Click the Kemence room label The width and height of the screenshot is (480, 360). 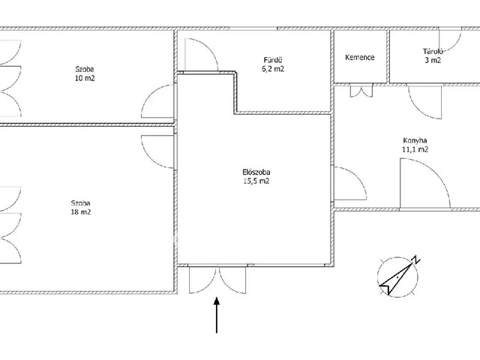click(x=360, y=57)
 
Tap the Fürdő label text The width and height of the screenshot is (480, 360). click(x=273, y=60)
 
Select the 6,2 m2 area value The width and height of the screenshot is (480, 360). click(x=273, y=69)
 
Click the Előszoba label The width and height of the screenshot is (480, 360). click(x=256, y=172)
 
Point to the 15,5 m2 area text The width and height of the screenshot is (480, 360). click(x=256, y=181)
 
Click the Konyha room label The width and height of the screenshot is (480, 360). click(x=415, y=141)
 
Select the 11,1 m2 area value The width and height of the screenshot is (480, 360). click(x=415, y=150)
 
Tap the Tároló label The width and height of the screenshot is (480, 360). click(x=433, y=52)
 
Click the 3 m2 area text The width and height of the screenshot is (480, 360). click(x=433, y=60)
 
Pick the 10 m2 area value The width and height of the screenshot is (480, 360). click(x=85, y=78)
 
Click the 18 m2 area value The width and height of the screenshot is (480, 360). click(x=81, y=212)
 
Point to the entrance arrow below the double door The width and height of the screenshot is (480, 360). click(x=217, y=315)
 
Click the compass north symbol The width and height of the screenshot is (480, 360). click(x=397, y=276)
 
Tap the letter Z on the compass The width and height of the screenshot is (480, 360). click(x=416, y=259)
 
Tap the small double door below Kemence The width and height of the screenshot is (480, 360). click(x=361, y=91)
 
